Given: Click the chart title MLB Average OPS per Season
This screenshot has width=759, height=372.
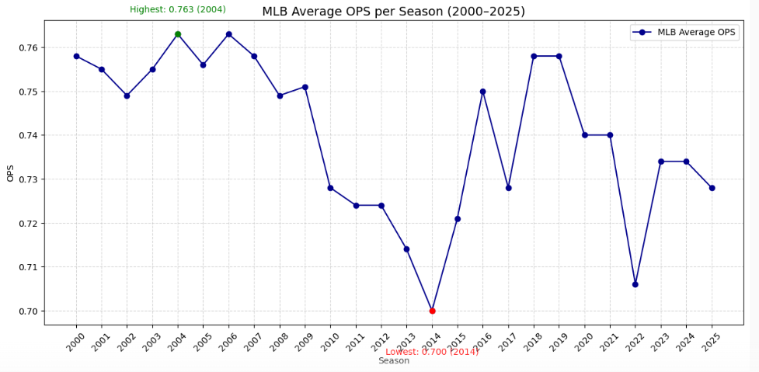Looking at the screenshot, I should coord(393,12).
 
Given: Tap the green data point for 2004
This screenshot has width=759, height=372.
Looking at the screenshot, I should coord(178,34).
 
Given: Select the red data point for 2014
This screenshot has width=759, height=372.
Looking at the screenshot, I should coord(432,311).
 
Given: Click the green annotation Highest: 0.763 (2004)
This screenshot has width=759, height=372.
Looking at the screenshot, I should coord(178,9).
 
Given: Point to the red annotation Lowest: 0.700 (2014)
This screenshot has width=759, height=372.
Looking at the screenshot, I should coord(432,352).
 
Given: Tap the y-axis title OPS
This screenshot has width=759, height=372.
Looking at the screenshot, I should coord(10,172).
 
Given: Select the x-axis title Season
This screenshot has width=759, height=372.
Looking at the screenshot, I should coord(394,361).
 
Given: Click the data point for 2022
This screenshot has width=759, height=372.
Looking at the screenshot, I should coord(635,284).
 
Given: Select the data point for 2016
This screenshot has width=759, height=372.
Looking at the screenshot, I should coord(482,92).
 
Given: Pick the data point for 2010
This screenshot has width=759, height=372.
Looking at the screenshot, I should coord(330,188).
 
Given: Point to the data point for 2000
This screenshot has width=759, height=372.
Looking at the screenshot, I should coord(76,56).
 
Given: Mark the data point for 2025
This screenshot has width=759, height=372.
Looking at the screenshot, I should coord(712,188).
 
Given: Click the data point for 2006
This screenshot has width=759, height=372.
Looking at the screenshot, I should coord(228,34).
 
